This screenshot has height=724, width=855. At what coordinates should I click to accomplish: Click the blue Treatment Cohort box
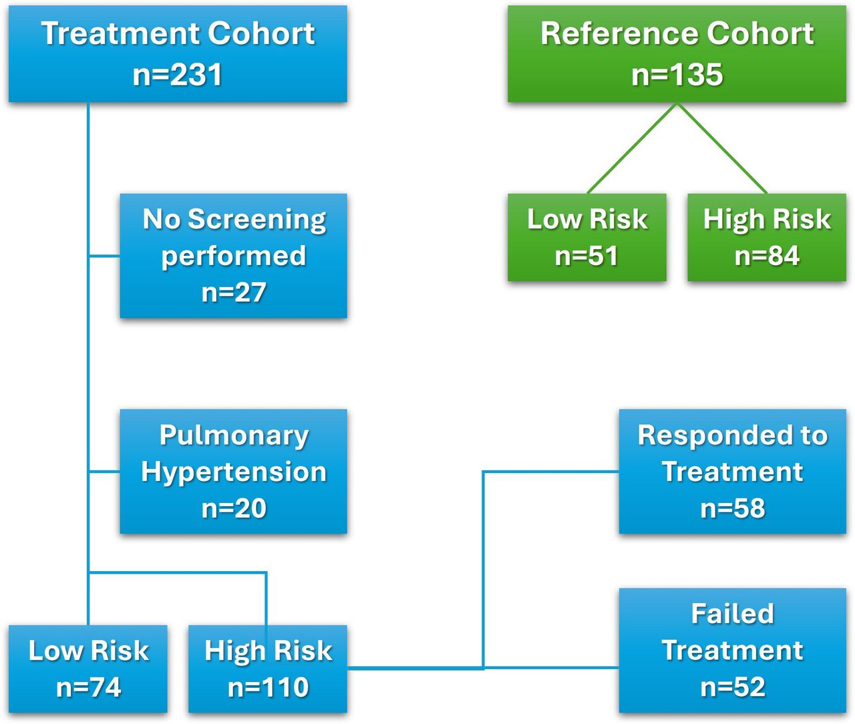tap(178, 53)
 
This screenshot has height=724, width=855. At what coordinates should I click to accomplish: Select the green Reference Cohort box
tap(677, 53)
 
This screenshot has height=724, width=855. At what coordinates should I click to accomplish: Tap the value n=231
tap(178, 74)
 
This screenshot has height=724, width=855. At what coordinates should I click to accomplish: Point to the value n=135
tap(677, 74)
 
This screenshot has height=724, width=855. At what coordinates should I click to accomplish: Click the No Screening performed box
tap(233, 255)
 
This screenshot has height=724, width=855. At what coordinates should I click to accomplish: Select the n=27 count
tap(234, 293)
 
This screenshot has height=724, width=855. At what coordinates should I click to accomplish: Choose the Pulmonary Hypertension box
tap(233, 471)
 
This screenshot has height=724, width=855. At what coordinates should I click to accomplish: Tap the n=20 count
tap(234, 508)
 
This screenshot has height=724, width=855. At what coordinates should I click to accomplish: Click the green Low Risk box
tap(586, 237)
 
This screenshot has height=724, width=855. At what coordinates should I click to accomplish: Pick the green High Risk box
tap(766, 237)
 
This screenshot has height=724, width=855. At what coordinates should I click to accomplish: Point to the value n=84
tap(767, 256)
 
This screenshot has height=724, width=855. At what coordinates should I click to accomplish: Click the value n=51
tap(586, 256)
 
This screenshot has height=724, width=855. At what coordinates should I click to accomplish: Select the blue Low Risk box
tap(88, 669)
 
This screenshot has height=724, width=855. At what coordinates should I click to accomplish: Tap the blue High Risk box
tap(267, 669)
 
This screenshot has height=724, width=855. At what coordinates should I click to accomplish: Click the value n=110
tap(268, 687)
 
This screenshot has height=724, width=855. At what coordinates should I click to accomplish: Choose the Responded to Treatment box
tap(732, 471)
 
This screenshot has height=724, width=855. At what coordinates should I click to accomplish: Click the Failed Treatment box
tap(732, 650)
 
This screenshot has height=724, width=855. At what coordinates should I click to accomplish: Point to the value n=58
tap(733, 508)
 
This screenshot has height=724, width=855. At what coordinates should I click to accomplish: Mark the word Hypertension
tap(234, 472)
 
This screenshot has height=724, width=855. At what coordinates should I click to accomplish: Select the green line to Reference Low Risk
tap(632, 148)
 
